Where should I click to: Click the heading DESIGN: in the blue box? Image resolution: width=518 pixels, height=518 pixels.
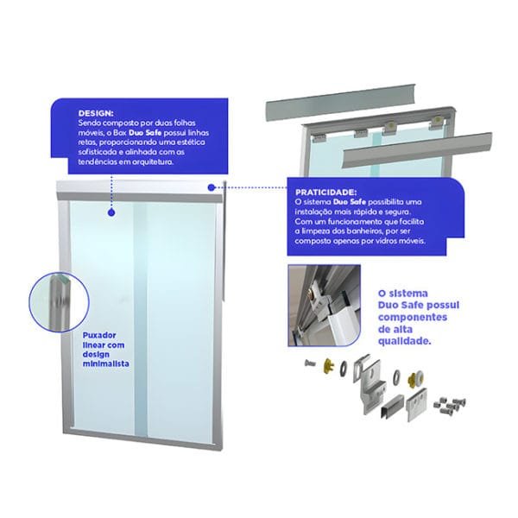coord(96,113)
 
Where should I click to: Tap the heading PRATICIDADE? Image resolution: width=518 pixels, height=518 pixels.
coord(326,193)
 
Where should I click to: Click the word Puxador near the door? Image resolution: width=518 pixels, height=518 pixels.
coord(99,336)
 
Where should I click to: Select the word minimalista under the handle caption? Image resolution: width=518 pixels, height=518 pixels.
coord(105,363)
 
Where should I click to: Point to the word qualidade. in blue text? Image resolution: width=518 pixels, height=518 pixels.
coord(405,341)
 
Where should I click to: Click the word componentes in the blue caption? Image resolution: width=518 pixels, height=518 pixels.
coord(413,317)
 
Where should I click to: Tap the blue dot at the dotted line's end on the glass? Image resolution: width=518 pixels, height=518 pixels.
coord(111,212)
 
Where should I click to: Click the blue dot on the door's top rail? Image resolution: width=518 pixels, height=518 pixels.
coord(212,187)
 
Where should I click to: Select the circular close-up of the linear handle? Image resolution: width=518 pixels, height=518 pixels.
coord(59,302)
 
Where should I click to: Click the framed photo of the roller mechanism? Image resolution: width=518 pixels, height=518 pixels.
coord(324,306)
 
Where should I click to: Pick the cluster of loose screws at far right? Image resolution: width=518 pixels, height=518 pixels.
coord(450,407)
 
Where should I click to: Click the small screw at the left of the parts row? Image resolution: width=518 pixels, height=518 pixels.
coord(310,363)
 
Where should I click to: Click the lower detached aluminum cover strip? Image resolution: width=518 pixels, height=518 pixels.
coord(418,149)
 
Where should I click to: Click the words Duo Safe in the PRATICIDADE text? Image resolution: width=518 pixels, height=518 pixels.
coord(349,202)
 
